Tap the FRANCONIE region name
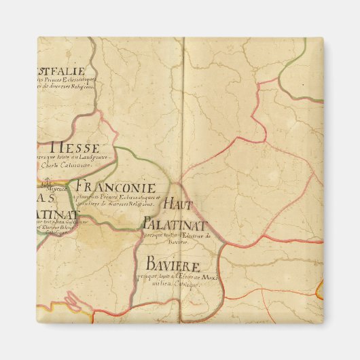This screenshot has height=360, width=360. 115,187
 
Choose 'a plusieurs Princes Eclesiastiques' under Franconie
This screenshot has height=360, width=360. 115,196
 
